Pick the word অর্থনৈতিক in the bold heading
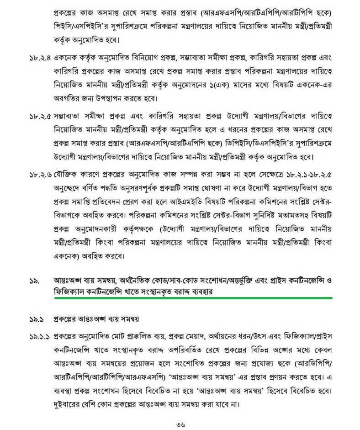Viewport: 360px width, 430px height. pos(139,278)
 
